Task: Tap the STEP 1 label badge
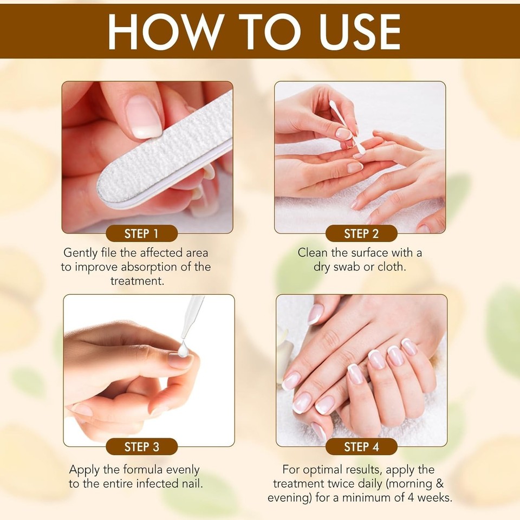click(x=141, y=234)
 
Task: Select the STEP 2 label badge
click(x=361, y=234)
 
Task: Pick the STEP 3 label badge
click(x=141, y=447)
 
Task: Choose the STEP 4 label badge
click(x=361, y=447)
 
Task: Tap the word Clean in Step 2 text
click(x=314, y=252)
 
